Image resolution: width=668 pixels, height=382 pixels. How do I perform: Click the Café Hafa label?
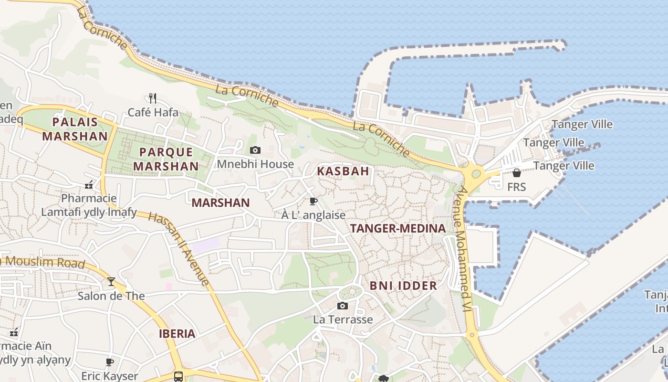153,113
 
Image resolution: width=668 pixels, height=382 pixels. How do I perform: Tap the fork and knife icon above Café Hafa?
153,98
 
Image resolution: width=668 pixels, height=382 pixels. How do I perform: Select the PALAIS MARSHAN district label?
75,129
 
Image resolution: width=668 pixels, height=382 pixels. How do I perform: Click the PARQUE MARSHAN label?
166,159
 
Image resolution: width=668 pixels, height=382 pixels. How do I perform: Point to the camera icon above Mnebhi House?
255,150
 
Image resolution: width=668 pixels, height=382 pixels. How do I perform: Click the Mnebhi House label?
255,164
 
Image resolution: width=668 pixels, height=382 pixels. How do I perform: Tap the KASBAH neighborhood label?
344,171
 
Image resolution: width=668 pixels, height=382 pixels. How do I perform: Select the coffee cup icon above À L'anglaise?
313,202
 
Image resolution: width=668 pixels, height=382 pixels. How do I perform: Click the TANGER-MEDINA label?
398,228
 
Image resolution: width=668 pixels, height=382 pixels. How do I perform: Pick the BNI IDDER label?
403,286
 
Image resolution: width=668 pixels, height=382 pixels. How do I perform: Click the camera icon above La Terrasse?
343,306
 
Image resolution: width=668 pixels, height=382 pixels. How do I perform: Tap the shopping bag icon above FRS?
516,173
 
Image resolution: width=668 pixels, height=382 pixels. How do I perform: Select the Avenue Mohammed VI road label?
461,248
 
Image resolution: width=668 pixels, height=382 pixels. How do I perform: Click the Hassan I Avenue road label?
179,249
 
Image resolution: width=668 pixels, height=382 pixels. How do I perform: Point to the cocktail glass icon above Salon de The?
111,282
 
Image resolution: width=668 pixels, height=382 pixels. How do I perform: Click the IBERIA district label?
177,333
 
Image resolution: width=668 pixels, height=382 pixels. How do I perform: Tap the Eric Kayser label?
109,376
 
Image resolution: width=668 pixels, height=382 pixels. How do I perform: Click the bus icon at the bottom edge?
178,377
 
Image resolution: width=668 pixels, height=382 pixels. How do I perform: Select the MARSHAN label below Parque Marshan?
220,202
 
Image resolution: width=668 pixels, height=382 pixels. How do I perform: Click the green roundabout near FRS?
476,173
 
